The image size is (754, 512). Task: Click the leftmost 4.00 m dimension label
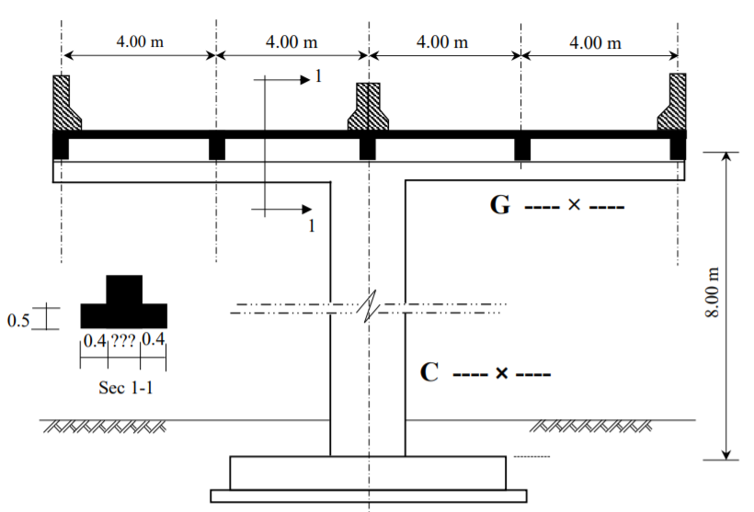139,42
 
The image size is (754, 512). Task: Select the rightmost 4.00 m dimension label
595,42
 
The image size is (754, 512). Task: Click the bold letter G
499,205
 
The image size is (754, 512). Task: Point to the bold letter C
428,373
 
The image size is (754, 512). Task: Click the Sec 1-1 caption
126,387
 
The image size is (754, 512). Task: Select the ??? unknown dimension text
124,340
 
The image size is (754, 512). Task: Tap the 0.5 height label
18,320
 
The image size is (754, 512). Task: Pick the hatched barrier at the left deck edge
64,103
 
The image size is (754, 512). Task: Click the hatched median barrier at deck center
368,108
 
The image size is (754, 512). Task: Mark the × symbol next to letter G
574,206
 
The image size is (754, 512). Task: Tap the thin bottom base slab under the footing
368,496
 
